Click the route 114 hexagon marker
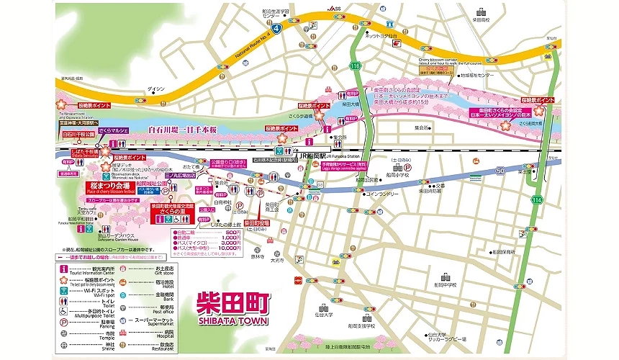click(534, 199)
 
